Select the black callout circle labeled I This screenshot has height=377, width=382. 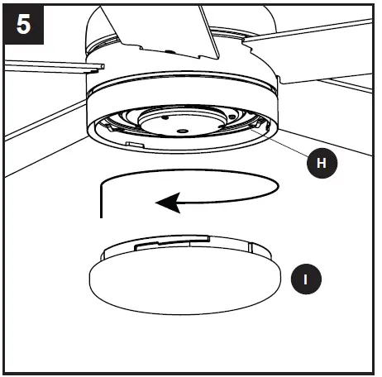[x=307, y=279]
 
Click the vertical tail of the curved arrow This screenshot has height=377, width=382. [x=100, y=202]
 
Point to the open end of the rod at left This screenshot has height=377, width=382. [x=100, y=63]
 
